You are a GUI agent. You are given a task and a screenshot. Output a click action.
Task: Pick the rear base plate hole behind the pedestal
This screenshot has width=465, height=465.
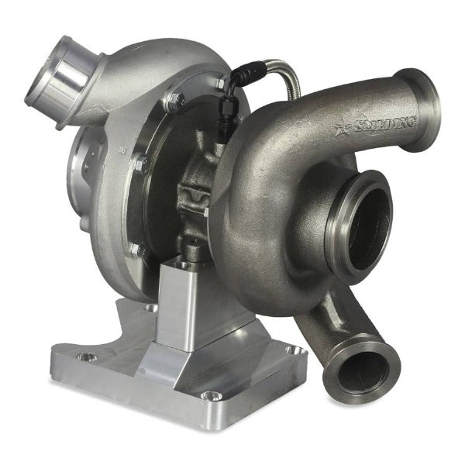(x=148, y=308)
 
